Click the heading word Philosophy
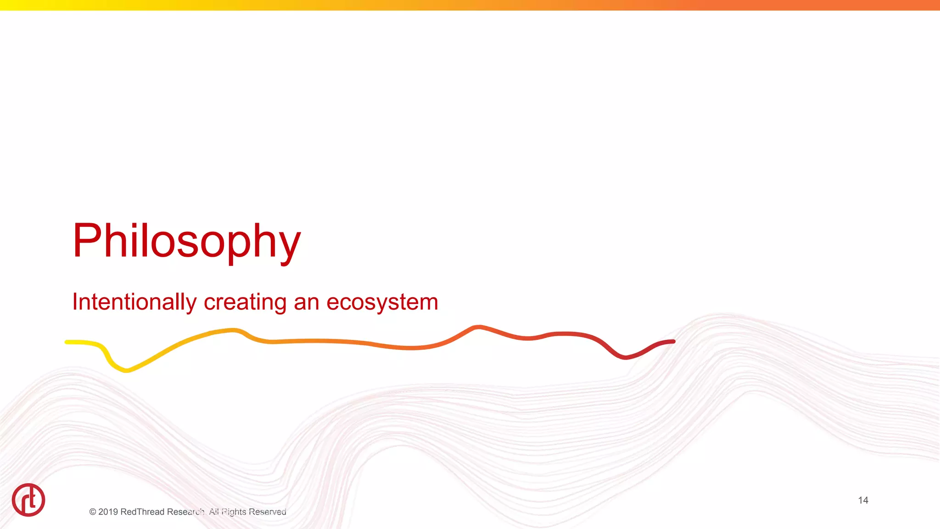click(186, 242)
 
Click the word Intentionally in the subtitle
click(134, 302)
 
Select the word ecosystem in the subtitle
click(382, 302)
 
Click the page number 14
click(863, 500)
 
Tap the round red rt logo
click(28, 500)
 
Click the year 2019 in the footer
click(108, 512)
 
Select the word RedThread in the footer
click(142, 512)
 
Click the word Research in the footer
click(186, 512)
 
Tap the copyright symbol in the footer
click(93, 512)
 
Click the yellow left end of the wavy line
click(68, 342)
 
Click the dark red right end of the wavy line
click(672, 342)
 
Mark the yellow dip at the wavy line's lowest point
click(126, 370)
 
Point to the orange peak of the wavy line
click(478, 327)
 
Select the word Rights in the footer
click(234, 512)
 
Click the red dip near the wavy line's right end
click(625, 357)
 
